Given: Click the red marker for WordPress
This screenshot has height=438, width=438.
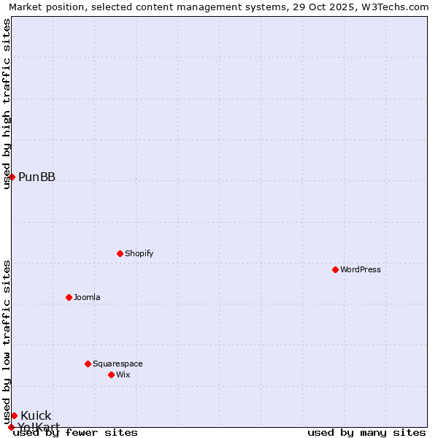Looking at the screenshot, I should point(335,269).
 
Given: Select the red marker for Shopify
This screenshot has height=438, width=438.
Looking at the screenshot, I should point(120,253).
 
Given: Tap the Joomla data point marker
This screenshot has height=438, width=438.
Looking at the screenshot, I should point(69,297).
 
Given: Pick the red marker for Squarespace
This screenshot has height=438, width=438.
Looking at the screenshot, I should point(88,364).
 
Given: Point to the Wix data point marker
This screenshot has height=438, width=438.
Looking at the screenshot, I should point(111,374).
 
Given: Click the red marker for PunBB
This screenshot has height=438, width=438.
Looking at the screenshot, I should point(12,177).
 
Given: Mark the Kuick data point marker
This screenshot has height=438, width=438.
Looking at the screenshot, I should point(14,415).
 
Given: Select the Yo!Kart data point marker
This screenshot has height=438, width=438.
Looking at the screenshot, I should point(11,427).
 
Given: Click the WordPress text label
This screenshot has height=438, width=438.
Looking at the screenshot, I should point(361,269).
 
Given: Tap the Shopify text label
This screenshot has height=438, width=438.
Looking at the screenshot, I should point(139,253).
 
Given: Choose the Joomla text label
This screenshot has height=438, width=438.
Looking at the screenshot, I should point(87,297).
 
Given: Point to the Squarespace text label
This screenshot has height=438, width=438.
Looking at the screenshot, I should point(118,364).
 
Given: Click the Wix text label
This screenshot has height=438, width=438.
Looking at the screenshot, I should point(123,374).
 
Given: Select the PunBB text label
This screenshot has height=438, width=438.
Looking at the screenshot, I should point(37,177).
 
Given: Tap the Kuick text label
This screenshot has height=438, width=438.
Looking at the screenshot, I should point(36,416).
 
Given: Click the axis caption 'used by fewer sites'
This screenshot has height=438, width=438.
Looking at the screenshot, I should point(76,432).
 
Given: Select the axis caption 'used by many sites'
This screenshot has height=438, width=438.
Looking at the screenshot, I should point(366,432).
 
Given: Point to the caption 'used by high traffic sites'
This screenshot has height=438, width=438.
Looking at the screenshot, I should point(7,104).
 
